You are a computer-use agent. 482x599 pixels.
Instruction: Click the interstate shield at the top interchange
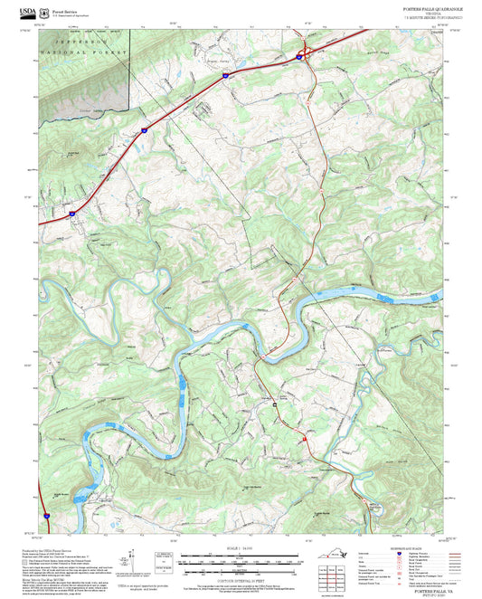coord(299,57)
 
